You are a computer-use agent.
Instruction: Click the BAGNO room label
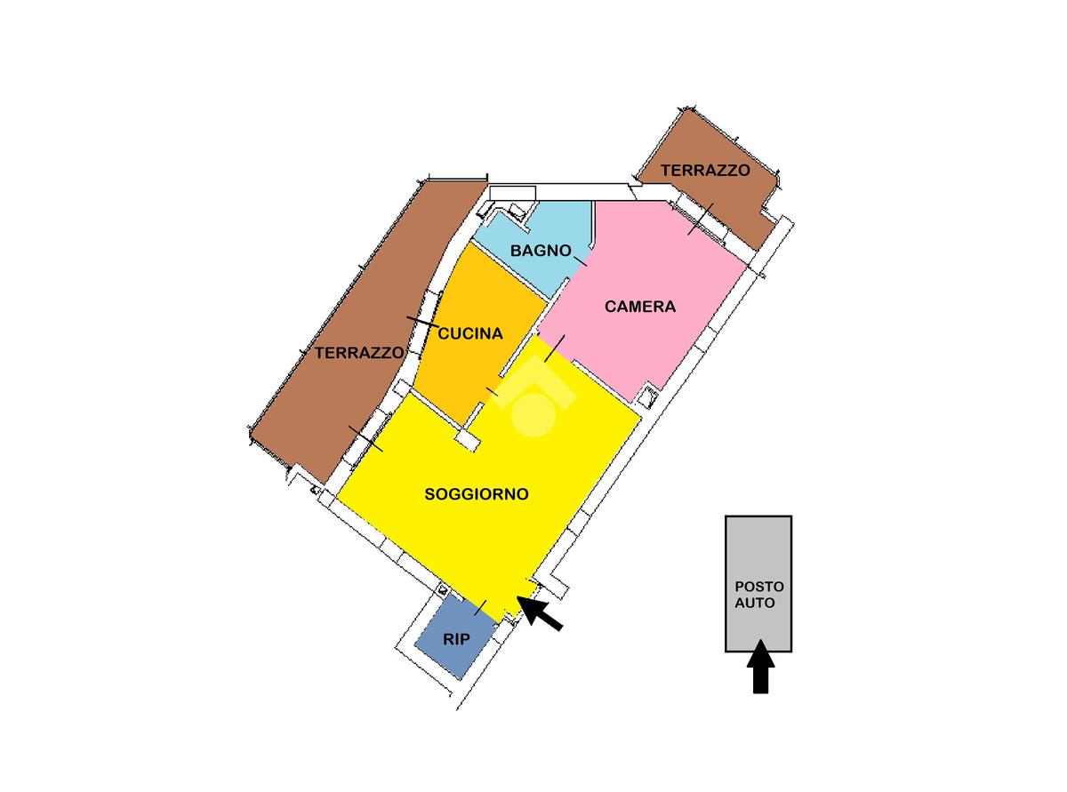[541, 251]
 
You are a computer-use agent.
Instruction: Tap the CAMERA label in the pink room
[640, 307]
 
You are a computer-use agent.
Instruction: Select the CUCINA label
[470, 334]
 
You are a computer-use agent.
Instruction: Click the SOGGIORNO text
[477, 494]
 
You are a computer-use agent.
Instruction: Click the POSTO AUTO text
[758, 595]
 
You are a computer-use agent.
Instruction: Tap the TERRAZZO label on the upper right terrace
[705, 170]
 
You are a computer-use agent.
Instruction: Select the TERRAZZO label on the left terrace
[359, 353]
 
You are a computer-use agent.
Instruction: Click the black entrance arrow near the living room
[540, 614]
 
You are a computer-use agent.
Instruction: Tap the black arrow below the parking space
[759, 668]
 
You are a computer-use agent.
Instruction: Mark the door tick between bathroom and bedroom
[580, 260]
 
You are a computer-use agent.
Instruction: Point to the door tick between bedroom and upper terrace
[701, 219]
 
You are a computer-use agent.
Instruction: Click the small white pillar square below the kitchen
[466, 437]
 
